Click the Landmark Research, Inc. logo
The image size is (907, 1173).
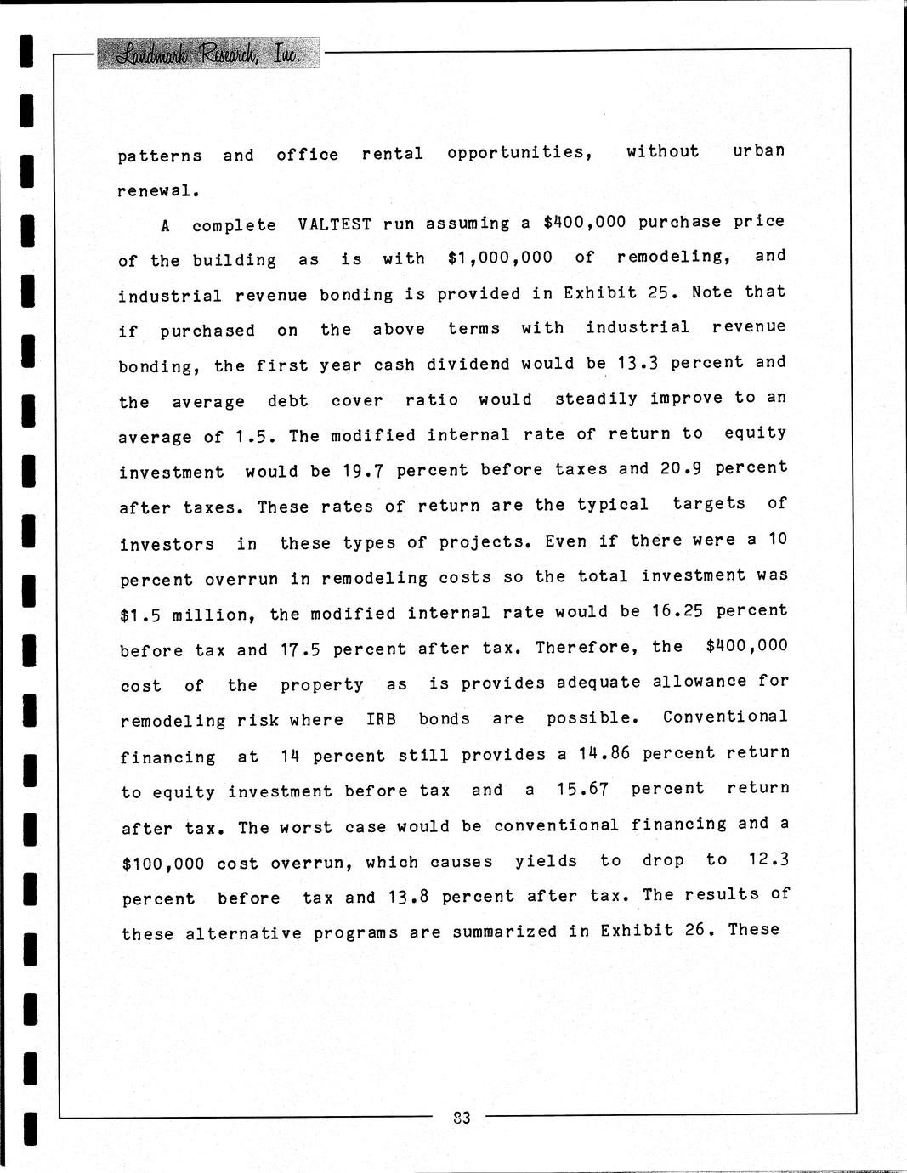(208, 54)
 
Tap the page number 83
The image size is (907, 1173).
(462, 1118)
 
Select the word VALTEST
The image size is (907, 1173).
(335, 224)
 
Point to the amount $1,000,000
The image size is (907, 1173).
(500, 258)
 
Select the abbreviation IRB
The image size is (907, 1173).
(381, 719)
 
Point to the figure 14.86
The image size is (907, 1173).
(604, 753)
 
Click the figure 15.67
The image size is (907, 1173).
(582, 789)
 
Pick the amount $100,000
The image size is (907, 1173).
(163, 864)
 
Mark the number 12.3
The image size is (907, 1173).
(768, 859)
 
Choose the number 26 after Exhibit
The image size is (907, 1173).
(695, 930)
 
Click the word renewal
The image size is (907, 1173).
(157, 191)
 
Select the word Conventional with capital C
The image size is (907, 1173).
(725, 717)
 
